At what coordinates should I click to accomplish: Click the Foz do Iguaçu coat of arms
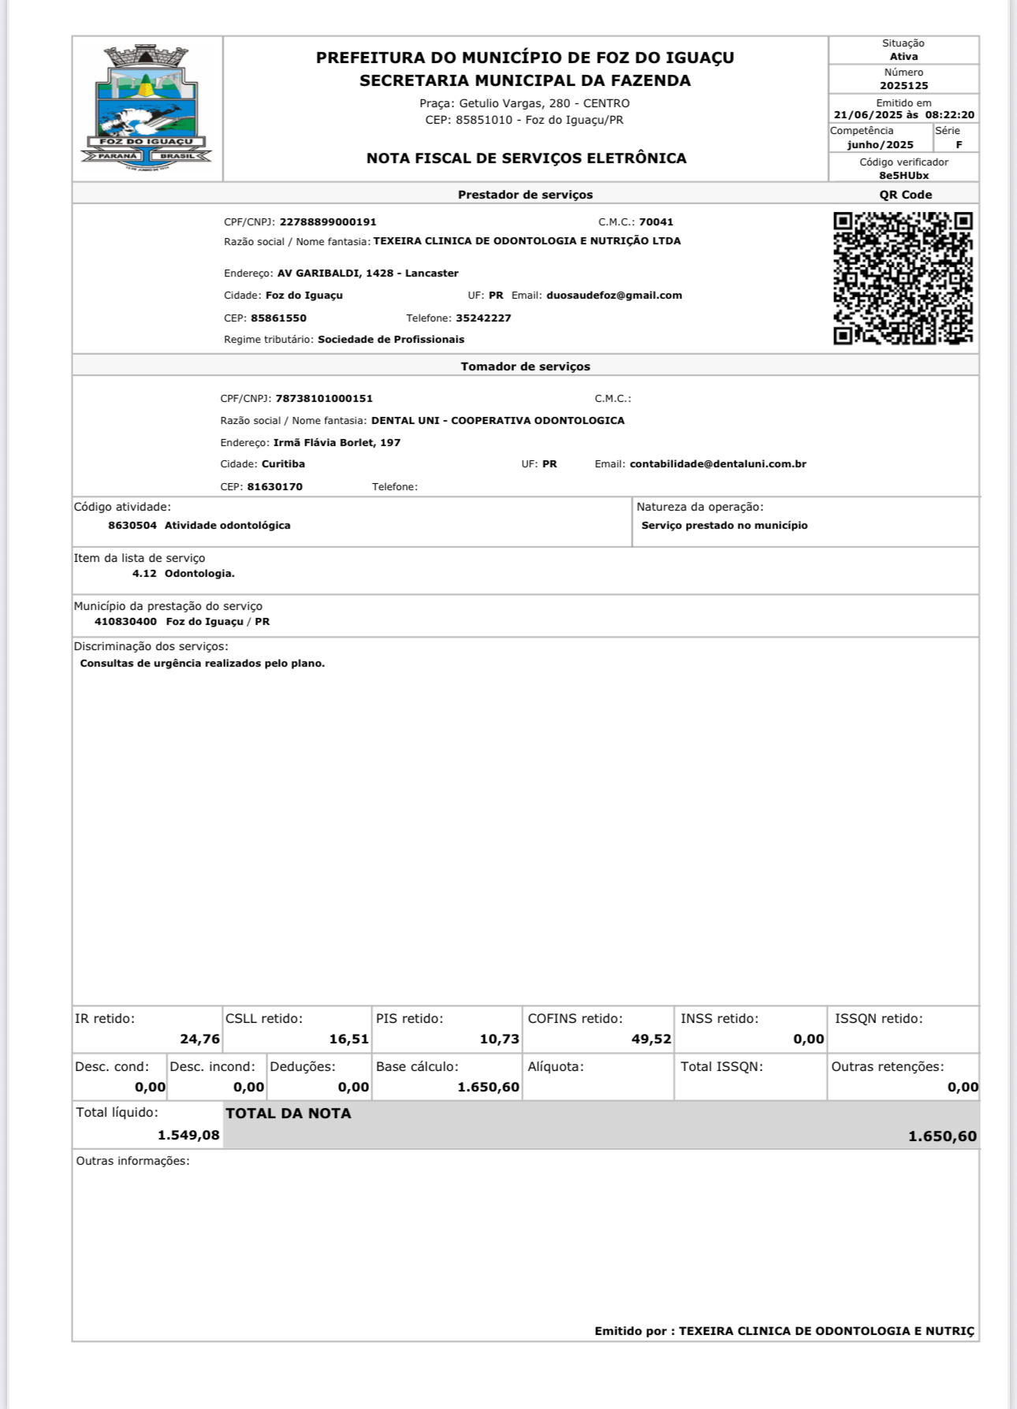click(x=147, y=108)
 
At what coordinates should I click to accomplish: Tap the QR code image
click(x=903, y=277)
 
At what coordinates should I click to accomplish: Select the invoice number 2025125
click(x=903, y=86)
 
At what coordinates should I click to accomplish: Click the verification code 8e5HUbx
click(x=903, y=176)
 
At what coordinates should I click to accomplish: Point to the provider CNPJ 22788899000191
click(x=328, y=222)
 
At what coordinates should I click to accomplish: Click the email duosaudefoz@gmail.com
click(x=614, y=296)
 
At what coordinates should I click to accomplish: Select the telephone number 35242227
click(x=483, y=318)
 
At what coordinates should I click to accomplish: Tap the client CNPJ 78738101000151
click(x=324, y=399)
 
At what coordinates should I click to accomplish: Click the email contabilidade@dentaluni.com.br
click(x=717, y=464)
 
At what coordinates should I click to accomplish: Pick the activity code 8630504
click(x=132, y=526)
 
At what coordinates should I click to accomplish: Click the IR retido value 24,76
click(x=199, y=1039)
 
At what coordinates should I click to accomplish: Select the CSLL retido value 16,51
click(x=348, y=1039)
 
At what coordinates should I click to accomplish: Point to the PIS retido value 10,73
click(x=499, y=1039)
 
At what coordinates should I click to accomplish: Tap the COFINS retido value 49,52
click(x=651, y=1039)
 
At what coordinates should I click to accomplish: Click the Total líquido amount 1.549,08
click(x=188, y=1136)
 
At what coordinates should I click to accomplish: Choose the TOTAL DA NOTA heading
click(x=289, y=1113)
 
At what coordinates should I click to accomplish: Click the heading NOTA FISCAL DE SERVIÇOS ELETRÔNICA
click(x=526, y=158)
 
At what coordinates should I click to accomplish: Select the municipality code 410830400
click(x=125, y=622)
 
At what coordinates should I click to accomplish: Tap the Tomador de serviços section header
click(x=525, y=366)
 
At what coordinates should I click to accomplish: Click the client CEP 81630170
click(x=274, y=487)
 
